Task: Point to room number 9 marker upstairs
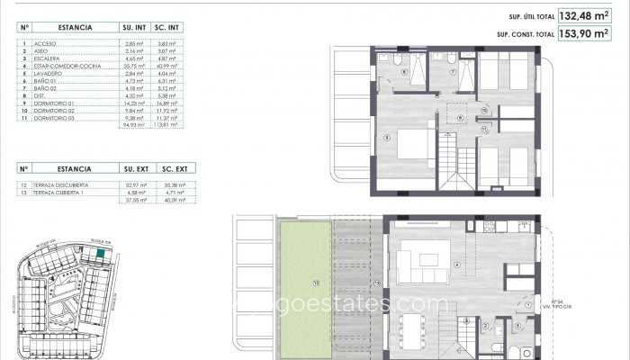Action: pos(387,136)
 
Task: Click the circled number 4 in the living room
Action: pos(458,264)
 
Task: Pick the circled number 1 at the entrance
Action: pos(521,305)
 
